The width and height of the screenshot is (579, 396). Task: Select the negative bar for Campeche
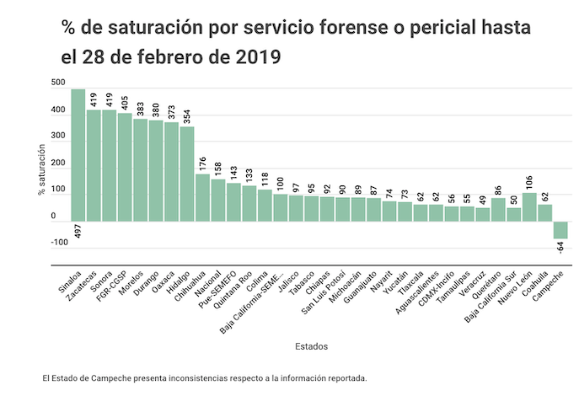click(x=560, y=230)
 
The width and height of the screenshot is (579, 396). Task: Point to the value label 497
click(x=78, y=233)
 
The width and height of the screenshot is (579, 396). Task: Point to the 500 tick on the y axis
click(x=57, y=83)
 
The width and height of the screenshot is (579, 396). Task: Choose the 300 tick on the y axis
click(x=57, y=136)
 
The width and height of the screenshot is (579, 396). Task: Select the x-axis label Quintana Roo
click(x=235, y=294)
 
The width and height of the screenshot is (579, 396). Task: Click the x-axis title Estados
click(x=311, y=346)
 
